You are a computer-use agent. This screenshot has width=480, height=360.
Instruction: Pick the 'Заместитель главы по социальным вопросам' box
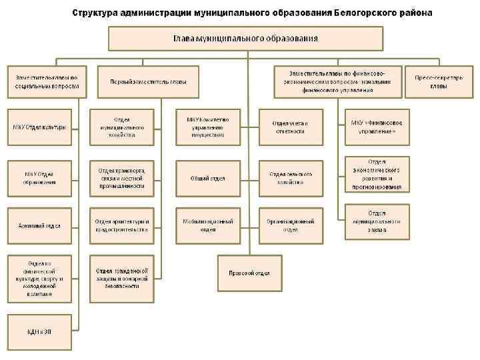tap(47, 82)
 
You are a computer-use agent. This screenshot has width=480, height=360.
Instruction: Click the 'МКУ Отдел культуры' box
tap(40, 127)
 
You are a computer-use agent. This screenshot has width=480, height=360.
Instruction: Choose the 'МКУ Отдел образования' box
tap(40, 177)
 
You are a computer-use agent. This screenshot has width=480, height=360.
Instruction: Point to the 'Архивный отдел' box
tap(40, 225)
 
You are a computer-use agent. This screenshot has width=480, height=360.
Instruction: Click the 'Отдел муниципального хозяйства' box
tap(123, 127)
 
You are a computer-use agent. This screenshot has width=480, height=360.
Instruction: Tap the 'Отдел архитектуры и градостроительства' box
tap(123, 225)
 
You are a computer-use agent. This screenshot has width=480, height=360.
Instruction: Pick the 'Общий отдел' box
tap(208, 178)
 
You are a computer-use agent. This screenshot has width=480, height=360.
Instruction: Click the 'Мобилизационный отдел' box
tap(208, 225)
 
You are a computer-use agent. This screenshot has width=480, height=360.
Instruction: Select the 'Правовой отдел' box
tap(249, 273)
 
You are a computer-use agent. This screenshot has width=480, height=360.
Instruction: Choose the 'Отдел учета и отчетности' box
tap(291, 127)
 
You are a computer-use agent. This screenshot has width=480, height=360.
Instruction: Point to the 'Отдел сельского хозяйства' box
tap(291, 178)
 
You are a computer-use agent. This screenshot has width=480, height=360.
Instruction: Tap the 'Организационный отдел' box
tap(291, 225)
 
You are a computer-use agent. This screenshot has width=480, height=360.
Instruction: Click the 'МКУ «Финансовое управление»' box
tap(377, 127)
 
